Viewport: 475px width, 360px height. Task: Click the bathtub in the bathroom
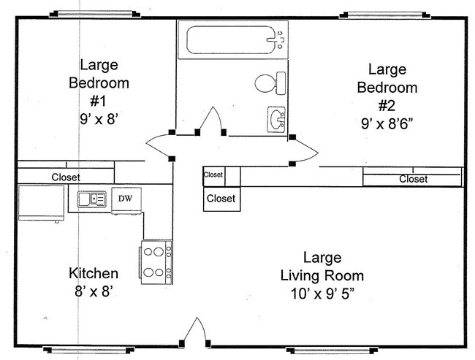pyautogui.click(x=232, y=40)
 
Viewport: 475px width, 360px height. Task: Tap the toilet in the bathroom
pyautogui.click(x=270, y=83)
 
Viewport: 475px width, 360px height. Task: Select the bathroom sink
pyautogui.click(x=276, y=119)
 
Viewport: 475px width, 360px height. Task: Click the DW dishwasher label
pyautogui.click(x=125, y=199)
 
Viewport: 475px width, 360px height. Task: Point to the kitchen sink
pyautogui.click(x=92, y=199)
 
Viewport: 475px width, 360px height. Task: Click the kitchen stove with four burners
pyautogui.click(x=156, y=262)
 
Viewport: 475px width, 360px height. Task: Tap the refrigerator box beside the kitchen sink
pyautogui.click(x=42, y=203)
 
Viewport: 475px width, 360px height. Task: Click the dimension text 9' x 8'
pyautogui.click(x=99, y=119)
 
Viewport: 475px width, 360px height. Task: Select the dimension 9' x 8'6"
pyautogui.click(x=387, y=124)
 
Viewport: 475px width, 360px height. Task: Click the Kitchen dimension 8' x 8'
pyautogui.click(x=94, y=292)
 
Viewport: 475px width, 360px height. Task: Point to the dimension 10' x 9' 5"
pyautogui.click(x=322, y=294)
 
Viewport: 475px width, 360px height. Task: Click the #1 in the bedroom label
pyautogui.click(x=99, y=101)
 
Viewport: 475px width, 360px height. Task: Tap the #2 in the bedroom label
pyautogui.click(x=387, y=106)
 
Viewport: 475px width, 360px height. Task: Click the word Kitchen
pyautogui.click(x=94, y=273)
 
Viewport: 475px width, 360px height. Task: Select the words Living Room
pyautogui.click(x=322, y=276)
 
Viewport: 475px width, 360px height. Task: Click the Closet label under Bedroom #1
pyautogui.click(x=66, y=177)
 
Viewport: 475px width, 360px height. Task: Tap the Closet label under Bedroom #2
pyautogui.click(x=413, y=179)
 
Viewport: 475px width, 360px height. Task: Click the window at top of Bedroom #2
pyautogui.click(x=384, y=15)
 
